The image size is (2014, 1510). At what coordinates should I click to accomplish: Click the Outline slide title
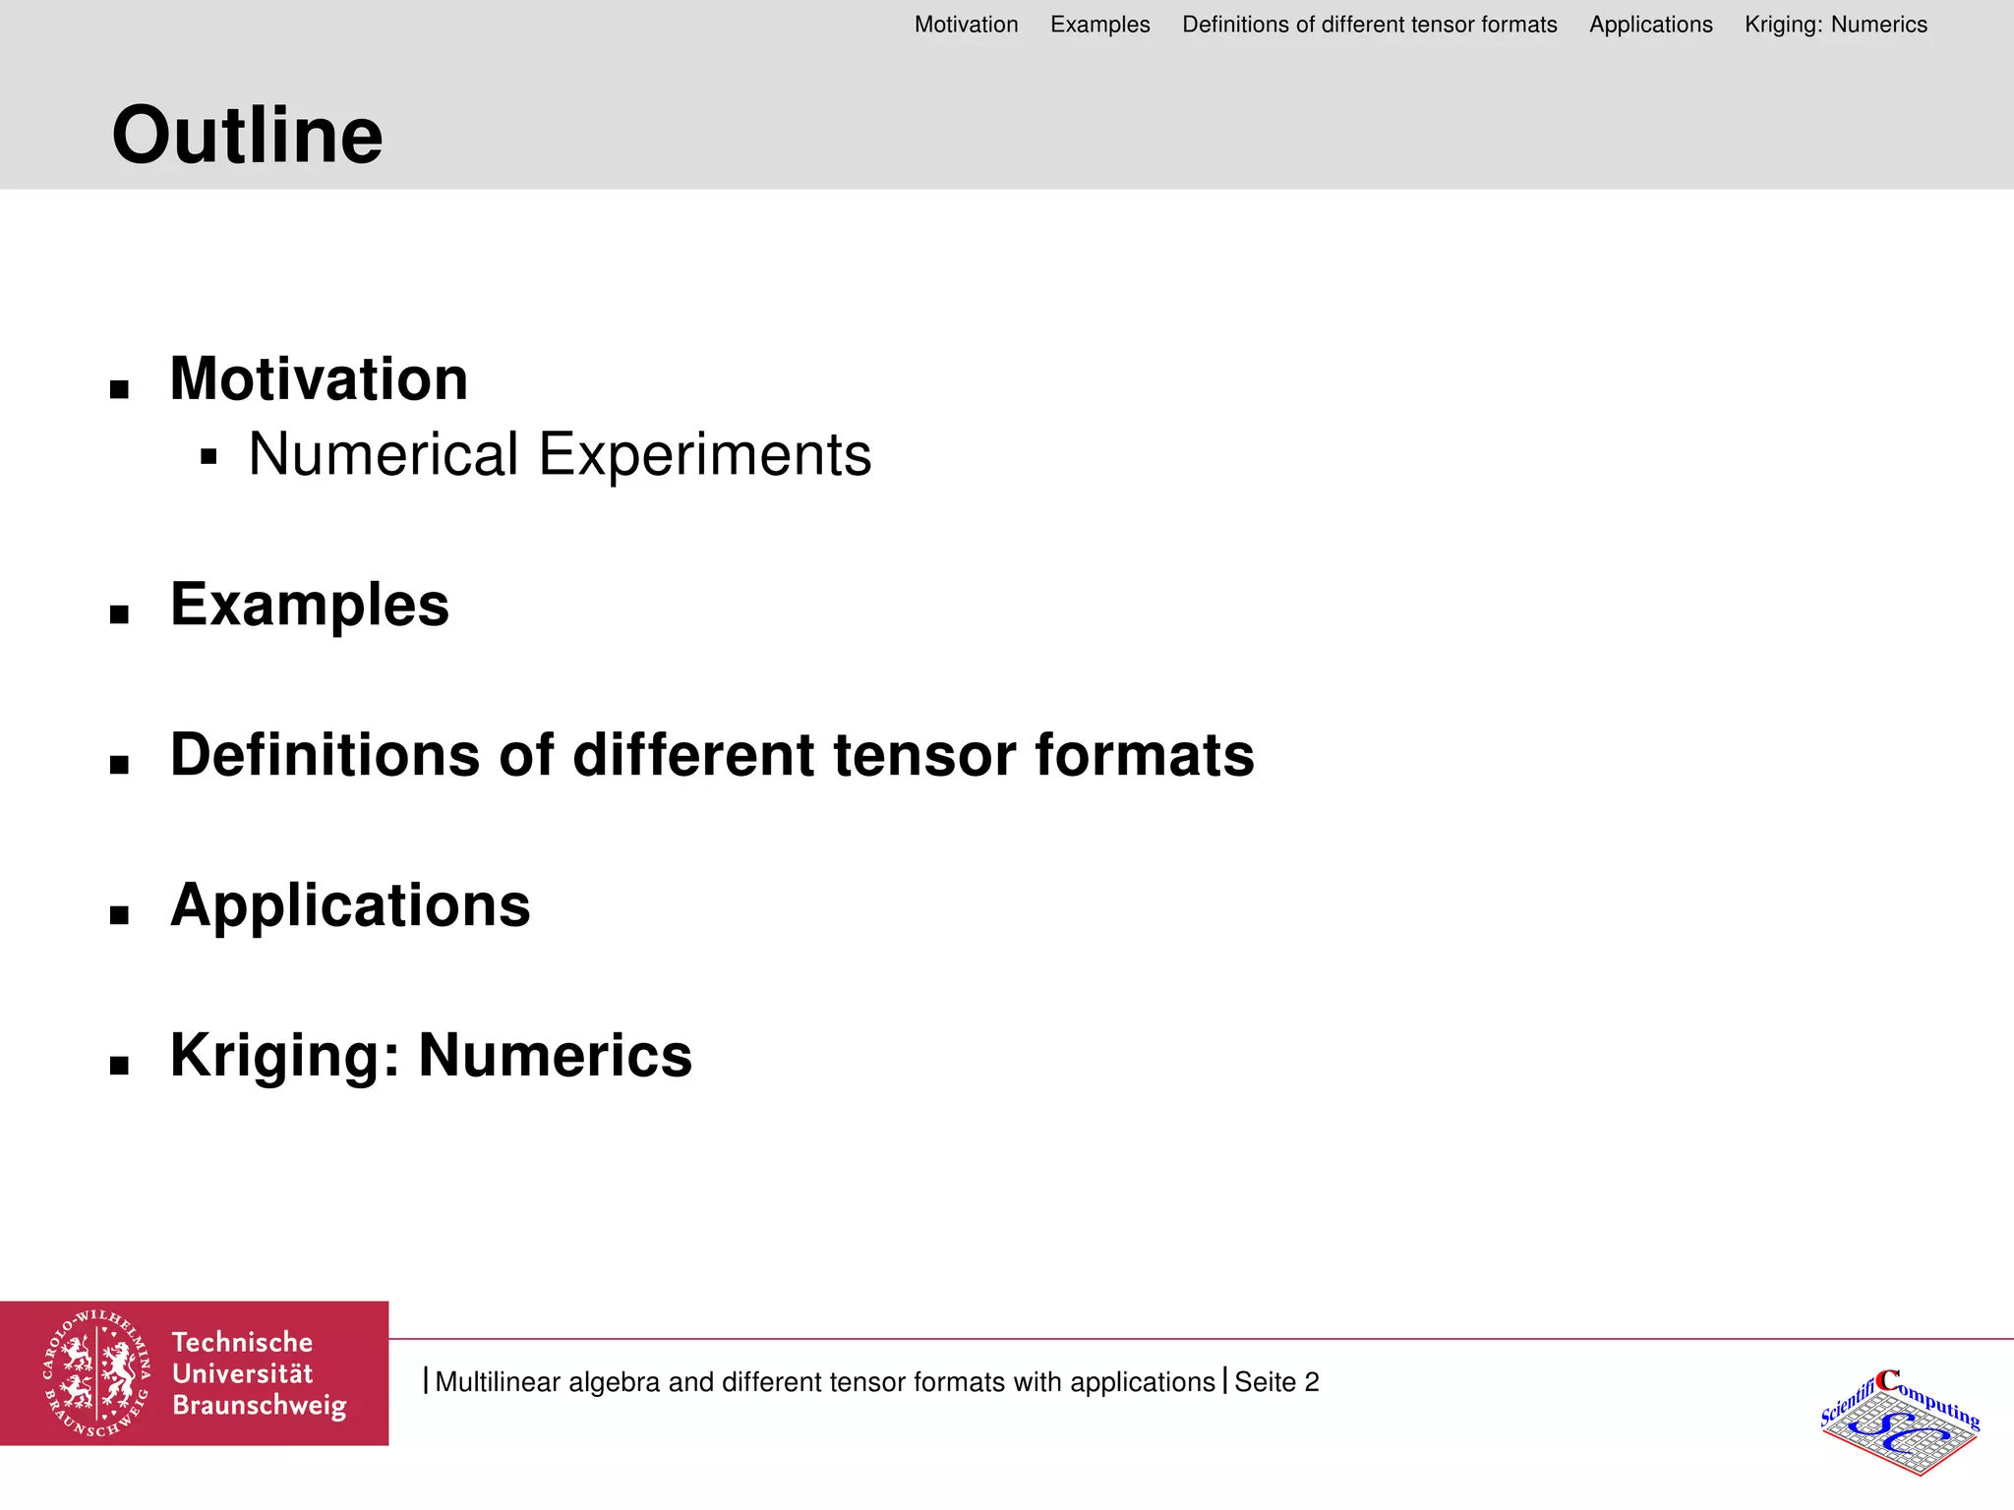tap(247, 136)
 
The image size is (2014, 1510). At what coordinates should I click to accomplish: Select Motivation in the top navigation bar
tap(966, 25)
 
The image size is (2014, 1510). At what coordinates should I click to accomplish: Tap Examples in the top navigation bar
tap(1099, 25)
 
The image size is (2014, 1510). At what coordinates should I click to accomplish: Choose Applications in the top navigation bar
tap(1650, 25)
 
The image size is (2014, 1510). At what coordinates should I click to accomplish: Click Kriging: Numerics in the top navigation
tap(1835, 25)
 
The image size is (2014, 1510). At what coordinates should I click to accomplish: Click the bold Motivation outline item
tap(319, 378)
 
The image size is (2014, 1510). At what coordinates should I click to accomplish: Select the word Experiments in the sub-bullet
tap(704, 454)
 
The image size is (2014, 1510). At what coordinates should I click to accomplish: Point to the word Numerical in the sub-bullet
tap(383, 454)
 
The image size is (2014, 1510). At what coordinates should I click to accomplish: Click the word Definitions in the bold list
tap(326, 755)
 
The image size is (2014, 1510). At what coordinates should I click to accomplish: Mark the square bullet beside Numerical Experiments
tap(207, 456)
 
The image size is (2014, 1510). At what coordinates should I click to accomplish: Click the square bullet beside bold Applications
tap(120, 916)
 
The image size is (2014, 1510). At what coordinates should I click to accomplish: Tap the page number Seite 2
tap(1275, 1381)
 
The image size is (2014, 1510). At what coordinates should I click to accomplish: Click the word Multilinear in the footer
tap(498, 1381)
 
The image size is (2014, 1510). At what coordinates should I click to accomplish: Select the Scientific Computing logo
tap(1899, 1422)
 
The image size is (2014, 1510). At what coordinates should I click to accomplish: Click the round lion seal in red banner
tap(96, 1373)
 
